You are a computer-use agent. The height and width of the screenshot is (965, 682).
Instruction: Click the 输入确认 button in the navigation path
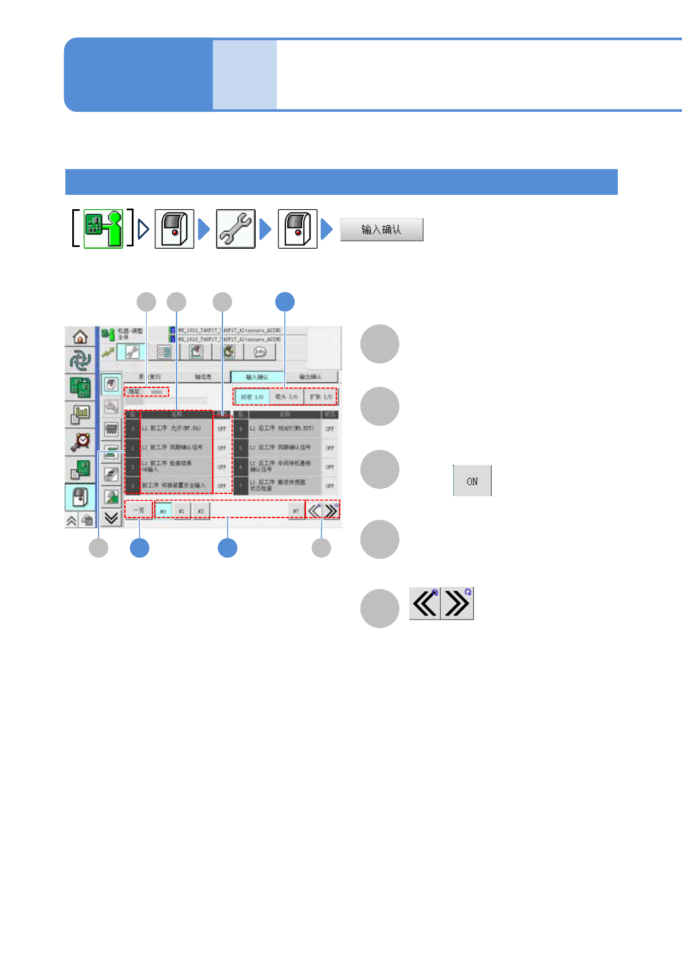tap(382, 229)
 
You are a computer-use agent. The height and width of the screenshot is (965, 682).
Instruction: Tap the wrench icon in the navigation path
tap(236, 229)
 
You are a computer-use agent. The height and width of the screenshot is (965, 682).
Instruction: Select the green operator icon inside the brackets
tap(104, 229)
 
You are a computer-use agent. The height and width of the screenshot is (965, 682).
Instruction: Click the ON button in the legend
tap(472, 481)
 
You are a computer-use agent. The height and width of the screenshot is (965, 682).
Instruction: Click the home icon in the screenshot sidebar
tap(80, 336)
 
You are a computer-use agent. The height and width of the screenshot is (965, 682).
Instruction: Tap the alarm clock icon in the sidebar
tap(81, 441)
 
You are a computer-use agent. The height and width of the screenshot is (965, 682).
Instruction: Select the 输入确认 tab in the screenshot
tap(257, 376)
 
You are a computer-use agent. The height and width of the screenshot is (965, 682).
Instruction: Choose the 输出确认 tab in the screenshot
tap(310, 376)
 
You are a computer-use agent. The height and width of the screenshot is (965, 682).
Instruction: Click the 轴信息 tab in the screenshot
tap(203, 376)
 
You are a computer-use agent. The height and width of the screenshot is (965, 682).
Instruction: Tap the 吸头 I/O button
tap(286, 397)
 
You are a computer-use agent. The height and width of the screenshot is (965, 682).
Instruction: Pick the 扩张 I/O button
tap(321, 397)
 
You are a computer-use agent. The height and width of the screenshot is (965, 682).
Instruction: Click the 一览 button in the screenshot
tap(139, 510)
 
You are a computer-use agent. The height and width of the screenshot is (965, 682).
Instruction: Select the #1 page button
tap(182, 511)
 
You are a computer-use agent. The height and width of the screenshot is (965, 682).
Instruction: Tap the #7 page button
tap(296, 511)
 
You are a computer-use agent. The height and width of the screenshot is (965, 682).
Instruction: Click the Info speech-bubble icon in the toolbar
tap(260, 352)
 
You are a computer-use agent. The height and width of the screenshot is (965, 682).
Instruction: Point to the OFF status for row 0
tap(222, 429)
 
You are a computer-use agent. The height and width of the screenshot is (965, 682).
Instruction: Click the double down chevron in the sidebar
tap(111, 518)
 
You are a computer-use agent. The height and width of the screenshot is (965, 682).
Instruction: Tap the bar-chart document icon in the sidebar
tap(81, 414)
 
